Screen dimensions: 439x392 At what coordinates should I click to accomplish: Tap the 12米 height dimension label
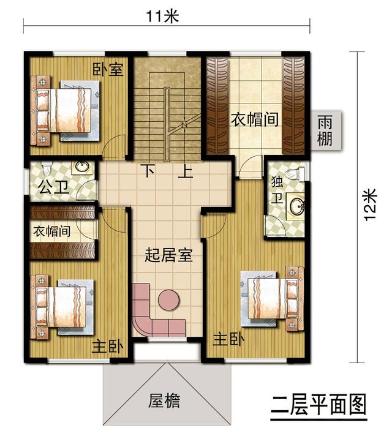[x=369, y=206]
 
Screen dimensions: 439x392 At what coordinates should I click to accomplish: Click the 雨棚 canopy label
[x=325, y=130]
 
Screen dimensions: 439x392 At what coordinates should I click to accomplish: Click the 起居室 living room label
[x=168, y=255]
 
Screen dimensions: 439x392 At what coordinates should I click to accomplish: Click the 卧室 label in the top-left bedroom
[x=108, y=69]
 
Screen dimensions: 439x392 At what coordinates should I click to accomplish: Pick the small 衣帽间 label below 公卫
[x=51, y=231]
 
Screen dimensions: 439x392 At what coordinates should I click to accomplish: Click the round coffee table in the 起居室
[x=168, y=301]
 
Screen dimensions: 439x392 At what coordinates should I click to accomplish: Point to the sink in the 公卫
[x=81, y=167]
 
